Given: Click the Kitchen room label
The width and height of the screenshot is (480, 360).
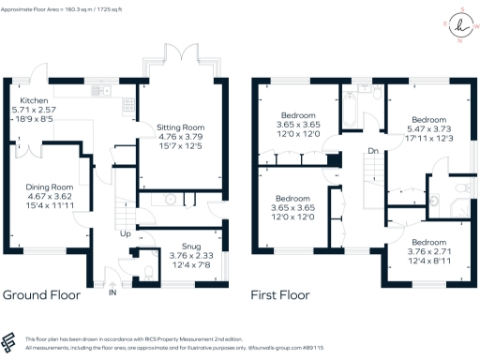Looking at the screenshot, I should point(34,97).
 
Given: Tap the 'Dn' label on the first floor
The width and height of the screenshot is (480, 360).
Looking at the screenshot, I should point(373,151).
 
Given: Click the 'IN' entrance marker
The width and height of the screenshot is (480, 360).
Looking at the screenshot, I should point(113,294).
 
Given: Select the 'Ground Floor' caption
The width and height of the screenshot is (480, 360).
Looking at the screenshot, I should point(41,294).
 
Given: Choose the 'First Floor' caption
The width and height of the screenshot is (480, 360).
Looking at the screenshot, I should point(279,294).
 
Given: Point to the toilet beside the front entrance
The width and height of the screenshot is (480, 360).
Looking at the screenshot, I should point(150,274).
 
